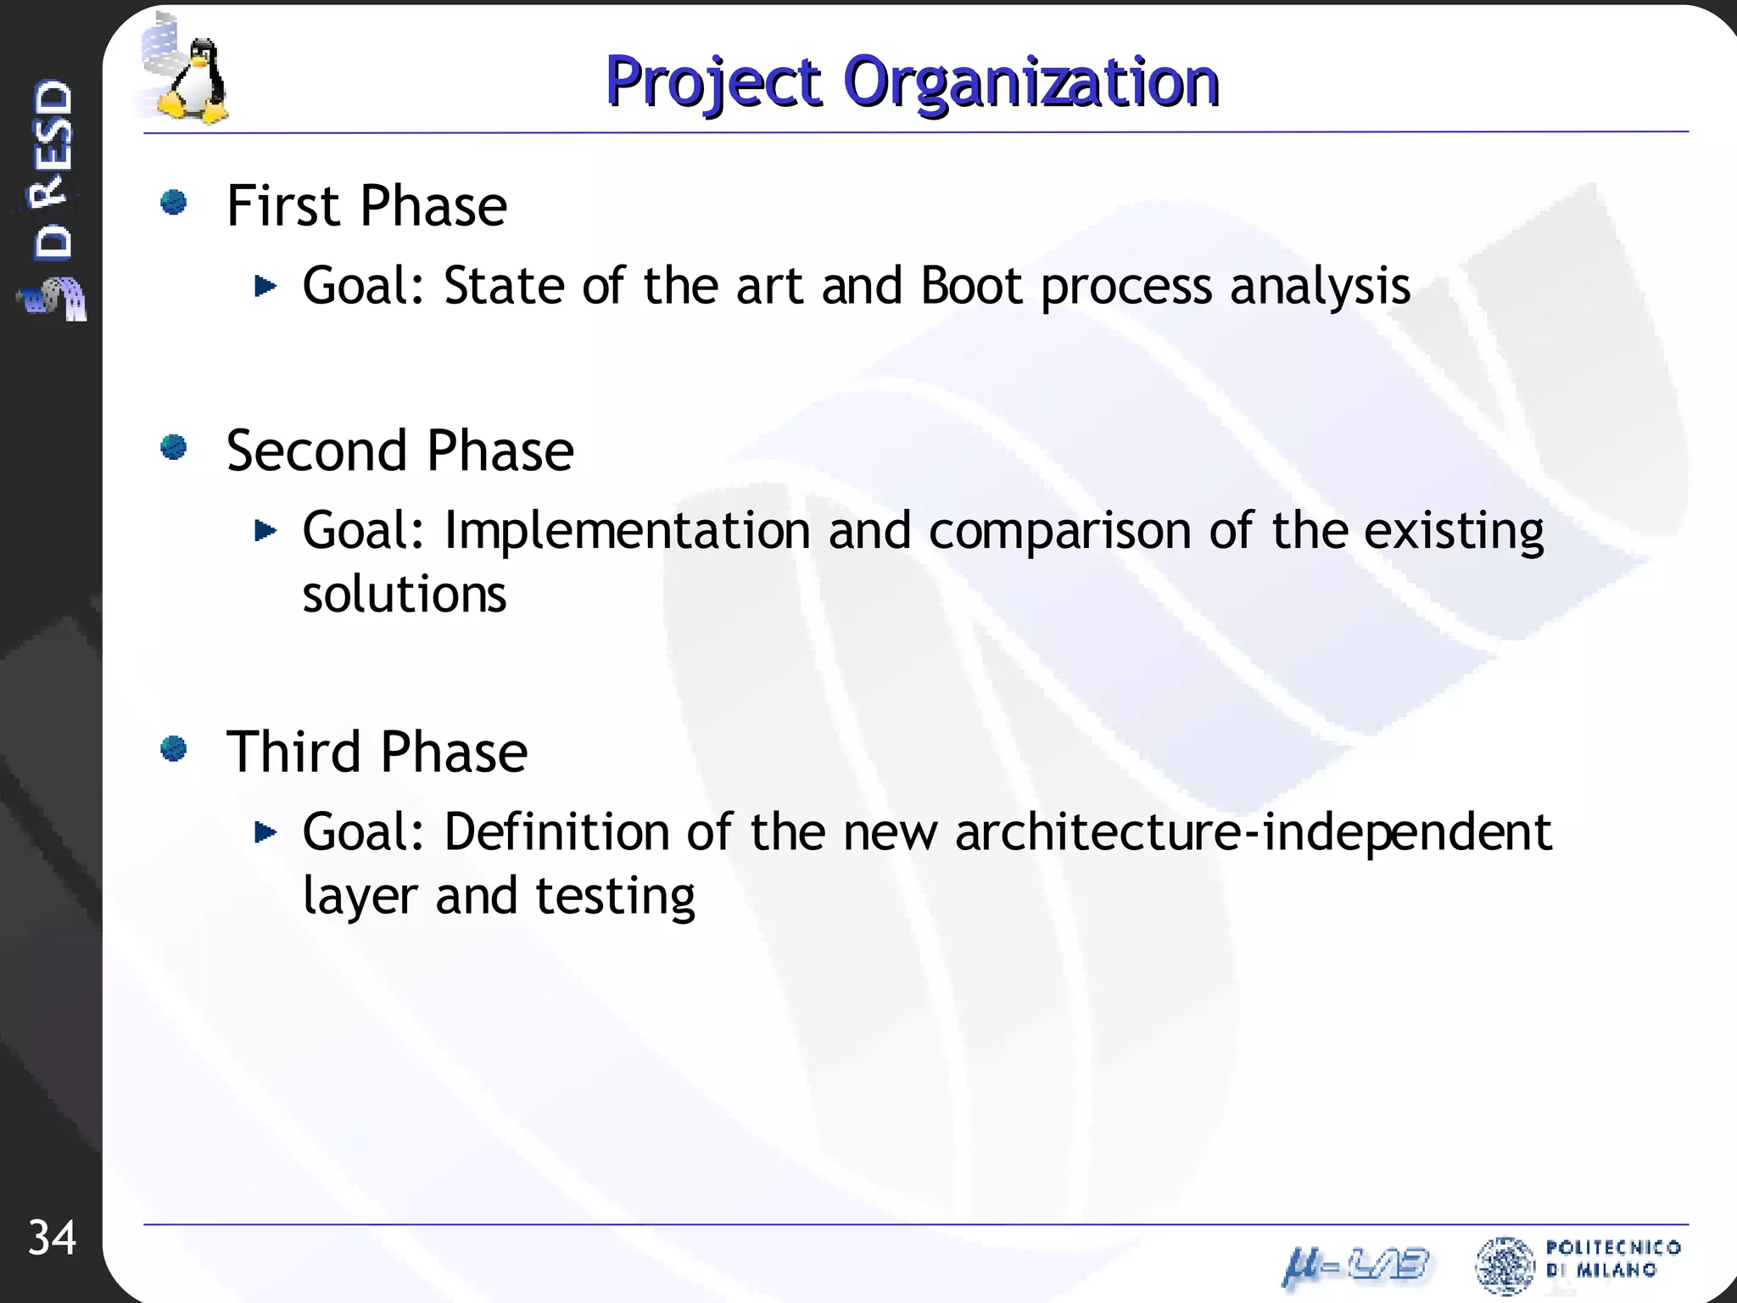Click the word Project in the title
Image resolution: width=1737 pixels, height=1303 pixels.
point(713,82)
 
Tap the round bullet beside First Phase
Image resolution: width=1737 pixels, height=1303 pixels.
point(174,202)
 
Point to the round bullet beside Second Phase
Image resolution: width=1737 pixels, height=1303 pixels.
point(174,446)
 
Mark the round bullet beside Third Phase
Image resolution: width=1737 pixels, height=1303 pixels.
point(174,748)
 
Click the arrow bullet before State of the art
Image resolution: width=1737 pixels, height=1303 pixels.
point(265,286)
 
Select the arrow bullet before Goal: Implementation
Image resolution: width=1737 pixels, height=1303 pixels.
point(265,531)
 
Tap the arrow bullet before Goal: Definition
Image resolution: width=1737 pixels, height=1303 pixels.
point(265,832)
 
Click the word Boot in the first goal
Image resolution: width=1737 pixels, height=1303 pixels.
point(971,286)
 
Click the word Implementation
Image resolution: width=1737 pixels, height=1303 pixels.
point(627,531)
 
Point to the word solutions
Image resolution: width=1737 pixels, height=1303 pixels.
point(405,594)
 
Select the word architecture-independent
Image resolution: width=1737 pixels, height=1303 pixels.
point(1253,833)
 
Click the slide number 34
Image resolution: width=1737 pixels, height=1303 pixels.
point(52,1238)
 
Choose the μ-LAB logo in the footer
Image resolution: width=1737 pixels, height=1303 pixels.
point(1355,1267)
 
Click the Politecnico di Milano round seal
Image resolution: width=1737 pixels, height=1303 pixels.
point(1505,1266)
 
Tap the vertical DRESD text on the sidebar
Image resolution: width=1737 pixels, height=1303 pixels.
point(53,170)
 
